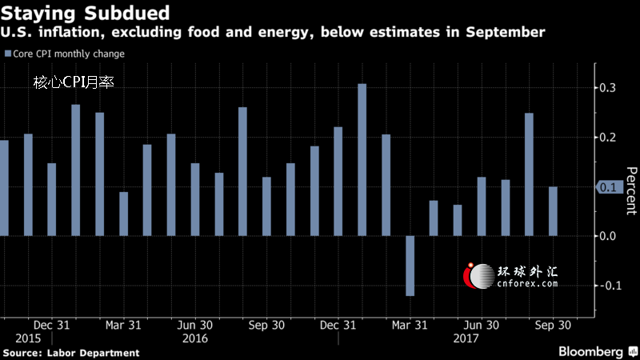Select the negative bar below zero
click(410, 266)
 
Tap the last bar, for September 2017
click(553, 211)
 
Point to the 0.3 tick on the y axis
click(611, 87)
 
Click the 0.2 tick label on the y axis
click(611, 138)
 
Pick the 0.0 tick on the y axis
click(611, 236)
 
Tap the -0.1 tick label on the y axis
click(610, 286)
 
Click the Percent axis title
click(630, 190)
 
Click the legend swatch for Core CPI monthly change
click(7, 54)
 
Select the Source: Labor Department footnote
click(71, 353)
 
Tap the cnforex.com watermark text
click(527, 282)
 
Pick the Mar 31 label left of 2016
click(124, 326)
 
